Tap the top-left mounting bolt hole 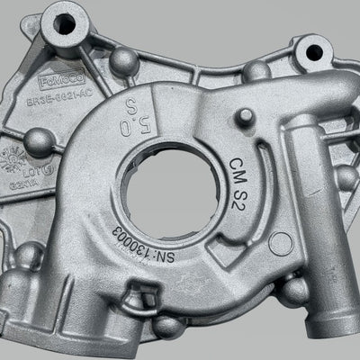(64, 24)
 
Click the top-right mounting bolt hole (315, 50)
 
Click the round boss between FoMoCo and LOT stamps (39, 140)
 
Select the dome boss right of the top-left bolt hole (125, 59)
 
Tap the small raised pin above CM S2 (243, 116)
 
